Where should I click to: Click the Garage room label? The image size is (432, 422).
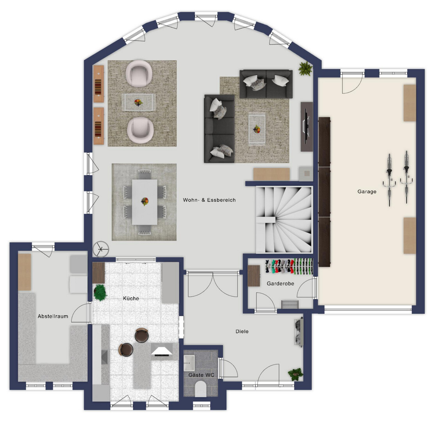pyautogui.click(x=367, y=191)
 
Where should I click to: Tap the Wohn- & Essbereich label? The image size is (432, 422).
pyautogui.click(x=209, y=200)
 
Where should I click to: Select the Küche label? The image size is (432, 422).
pyautogui.click(x=131, y=298)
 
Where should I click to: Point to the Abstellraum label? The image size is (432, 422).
pyautogui.click(x=53, y=316)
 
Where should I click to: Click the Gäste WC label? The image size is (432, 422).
pyautogui.click(x=202, y=375)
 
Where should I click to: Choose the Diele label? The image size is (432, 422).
pyautogui.click(x=242, y=331)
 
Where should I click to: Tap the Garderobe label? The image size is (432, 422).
pyautogui.click(x=280, y=283)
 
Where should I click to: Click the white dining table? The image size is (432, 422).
pyautogui.click(x=145, y=202)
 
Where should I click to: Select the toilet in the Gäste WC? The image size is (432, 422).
pyautogui.click(x=201, y=389)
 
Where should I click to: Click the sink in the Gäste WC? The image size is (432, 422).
pyautogui.click(x=189, y=363)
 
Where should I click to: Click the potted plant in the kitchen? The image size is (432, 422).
pyautogui.click(x=100, y=292)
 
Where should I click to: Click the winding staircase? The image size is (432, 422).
pyautogui.click(x=284, y=220)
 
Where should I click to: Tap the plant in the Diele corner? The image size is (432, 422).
pyautogui.click(x=296, y=374)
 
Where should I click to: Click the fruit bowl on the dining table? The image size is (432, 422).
pyautogui.click(x=145, y=202)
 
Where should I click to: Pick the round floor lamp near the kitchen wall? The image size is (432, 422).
pyautogui.click(x=101, y=249)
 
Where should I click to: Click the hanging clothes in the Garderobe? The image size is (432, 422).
pyautogui.click(x=289, y=266)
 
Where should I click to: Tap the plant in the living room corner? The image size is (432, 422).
pyautogui.click(x=305, y=68)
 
